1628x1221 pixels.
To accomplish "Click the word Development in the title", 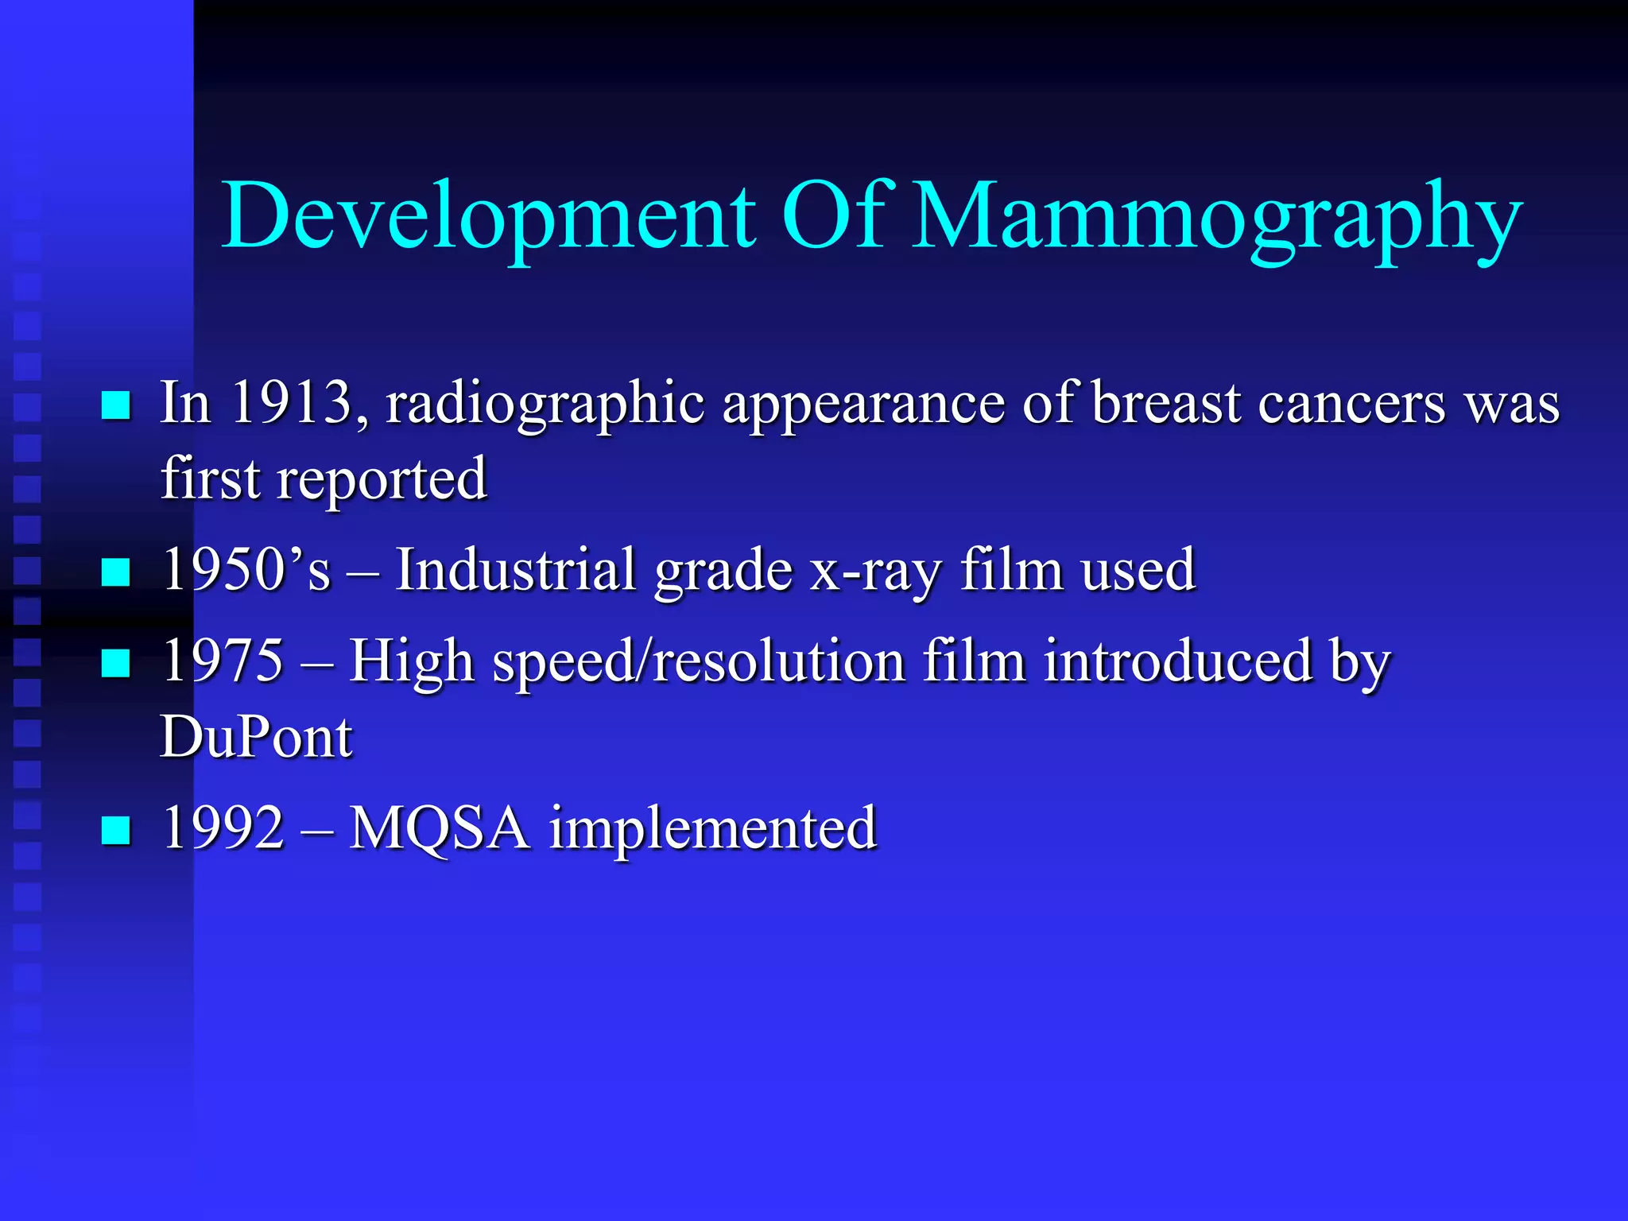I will click(x=488, y=216).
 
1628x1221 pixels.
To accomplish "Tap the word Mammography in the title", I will click(x=1216, y=216).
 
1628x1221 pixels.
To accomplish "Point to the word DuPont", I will click(x=256, y=736).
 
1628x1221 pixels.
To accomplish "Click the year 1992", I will click(x=223, y=828).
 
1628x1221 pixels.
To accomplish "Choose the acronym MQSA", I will click(x=440, y=828).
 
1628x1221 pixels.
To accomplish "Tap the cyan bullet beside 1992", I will click(x=116, y=830).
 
